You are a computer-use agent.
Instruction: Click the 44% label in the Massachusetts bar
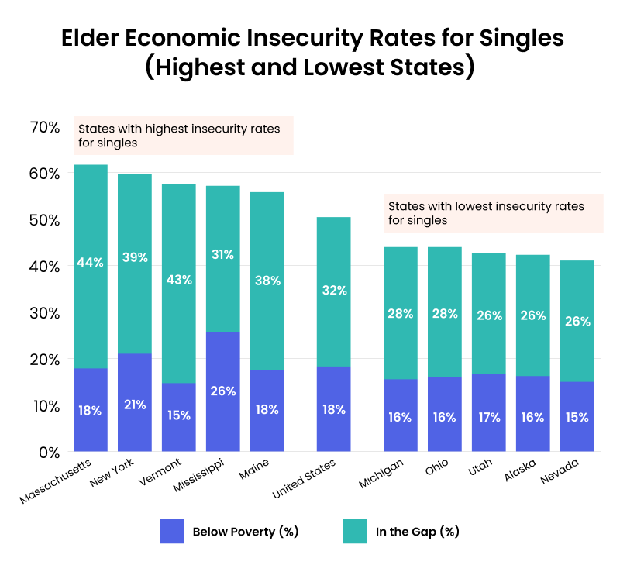click(90, 263)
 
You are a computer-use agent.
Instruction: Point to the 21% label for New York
click(134, 405)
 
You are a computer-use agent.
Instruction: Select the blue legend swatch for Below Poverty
click(171, 532)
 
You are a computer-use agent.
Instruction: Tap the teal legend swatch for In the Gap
click(354, 532)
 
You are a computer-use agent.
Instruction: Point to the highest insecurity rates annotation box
click(183, 136)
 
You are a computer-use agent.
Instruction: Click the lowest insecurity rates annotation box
click(493, 213)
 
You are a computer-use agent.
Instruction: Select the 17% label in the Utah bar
click(488, 416)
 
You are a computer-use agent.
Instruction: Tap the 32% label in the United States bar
click(334, 291)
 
